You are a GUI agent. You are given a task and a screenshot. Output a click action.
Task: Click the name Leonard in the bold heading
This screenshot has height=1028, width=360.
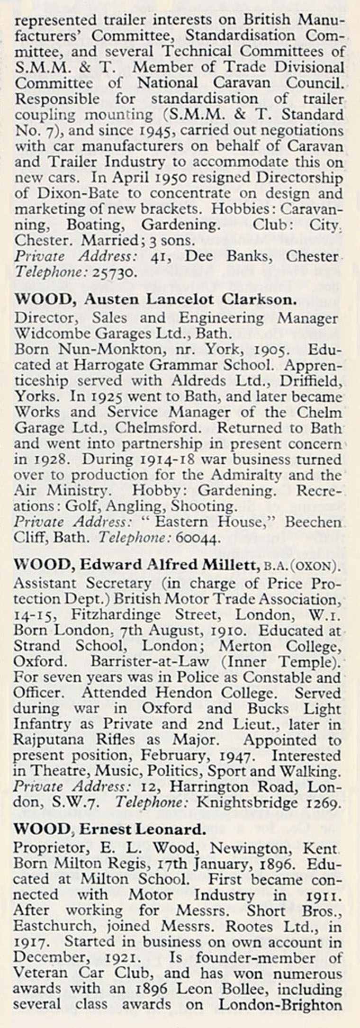point(171,830)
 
